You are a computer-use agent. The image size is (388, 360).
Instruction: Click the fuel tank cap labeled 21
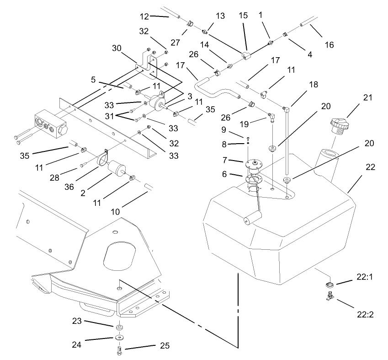click(x=339, y=124)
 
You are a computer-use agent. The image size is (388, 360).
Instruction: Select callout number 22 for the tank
click(x=370, y=167)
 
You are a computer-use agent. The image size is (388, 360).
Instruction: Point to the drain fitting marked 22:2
click(x=329, y=297)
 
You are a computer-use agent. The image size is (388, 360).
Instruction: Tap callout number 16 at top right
click(x=329, y=44)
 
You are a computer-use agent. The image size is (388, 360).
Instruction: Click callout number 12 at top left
click(x=144, y=17)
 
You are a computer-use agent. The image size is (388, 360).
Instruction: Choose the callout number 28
click(x=70, y=171)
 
